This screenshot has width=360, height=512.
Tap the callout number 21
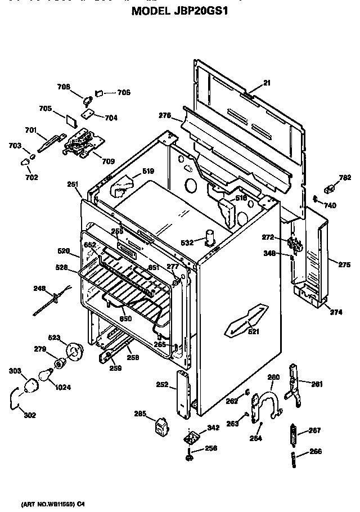pyautogui.click(x=267, y=83)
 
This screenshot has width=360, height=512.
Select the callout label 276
pyautogui.click(x=164, y=115)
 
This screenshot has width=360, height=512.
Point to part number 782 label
pyautogui.click(x=345, y=178)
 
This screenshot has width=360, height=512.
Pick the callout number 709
pyautogui.click(x=108, y=161)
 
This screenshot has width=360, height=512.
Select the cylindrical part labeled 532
pyautogui.click(x=211, y=238)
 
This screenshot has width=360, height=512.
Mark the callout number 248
pyautogui.click(x=39, y=289)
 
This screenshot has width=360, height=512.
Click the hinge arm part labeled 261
pyautogui.click(x=293, y=383)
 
